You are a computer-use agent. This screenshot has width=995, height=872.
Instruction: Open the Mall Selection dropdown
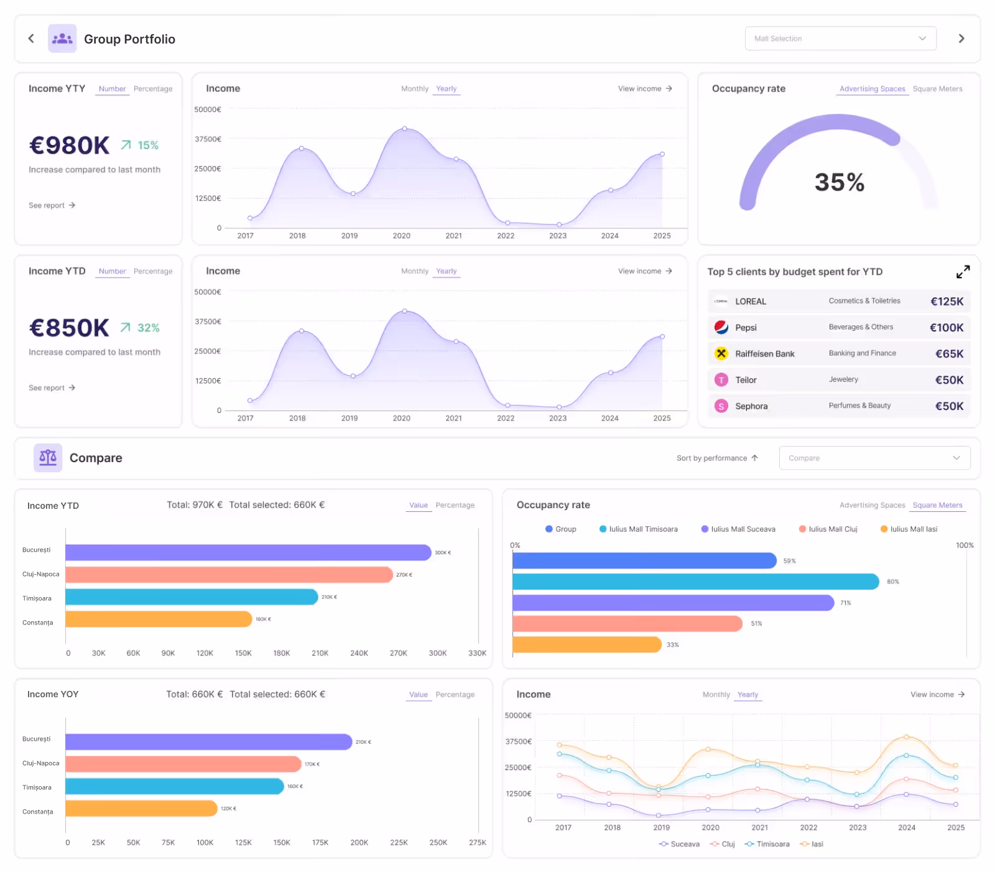[x=840, y=39]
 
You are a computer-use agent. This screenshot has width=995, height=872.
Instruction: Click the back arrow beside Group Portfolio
[x=31, y=39]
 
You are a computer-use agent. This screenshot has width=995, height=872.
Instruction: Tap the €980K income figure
[x=69, y=146]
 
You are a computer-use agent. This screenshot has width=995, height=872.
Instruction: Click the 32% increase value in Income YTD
[x=148, y=328]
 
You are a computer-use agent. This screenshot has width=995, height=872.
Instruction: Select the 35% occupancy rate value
[x=839, y=182]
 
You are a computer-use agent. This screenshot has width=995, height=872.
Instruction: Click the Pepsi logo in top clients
[x=721, y=327]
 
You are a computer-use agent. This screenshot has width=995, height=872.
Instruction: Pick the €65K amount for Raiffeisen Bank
[x=949, y=354]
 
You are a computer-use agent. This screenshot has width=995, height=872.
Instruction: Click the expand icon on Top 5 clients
[x=963, y=272]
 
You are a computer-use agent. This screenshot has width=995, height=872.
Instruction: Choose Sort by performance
[x=717, y=458]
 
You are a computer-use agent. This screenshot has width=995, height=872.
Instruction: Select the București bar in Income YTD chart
[x=248, y=552]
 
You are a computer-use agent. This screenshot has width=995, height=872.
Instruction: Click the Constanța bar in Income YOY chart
[x=141, y=809]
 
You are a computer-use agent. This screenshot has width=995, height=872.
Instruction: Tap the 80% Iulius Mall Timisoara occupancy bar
[x=695, y=582]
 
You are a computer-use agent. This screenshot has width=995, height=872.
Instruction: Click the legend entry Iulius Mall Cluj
[x=832, y=529]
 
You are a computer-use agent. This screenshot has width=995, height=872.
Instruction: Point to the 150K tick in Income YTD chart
[x=243, y=653]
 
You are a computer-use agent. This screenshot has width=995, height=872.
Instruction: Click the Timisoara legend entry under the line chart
[x=772, y=844]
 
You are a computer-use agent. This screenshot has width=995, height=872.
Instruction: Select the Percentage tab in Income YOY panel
[x=455, y=695]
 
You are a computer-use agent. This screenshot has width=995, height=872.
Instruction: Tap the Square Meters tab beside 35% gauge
[x=937, y=89]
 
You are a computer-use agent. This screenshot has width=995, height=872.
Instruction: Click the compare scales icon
[x=48, y=458]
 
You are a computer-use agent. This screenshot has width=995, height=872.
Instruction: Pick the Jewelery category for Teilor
[x=843, y=379]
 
